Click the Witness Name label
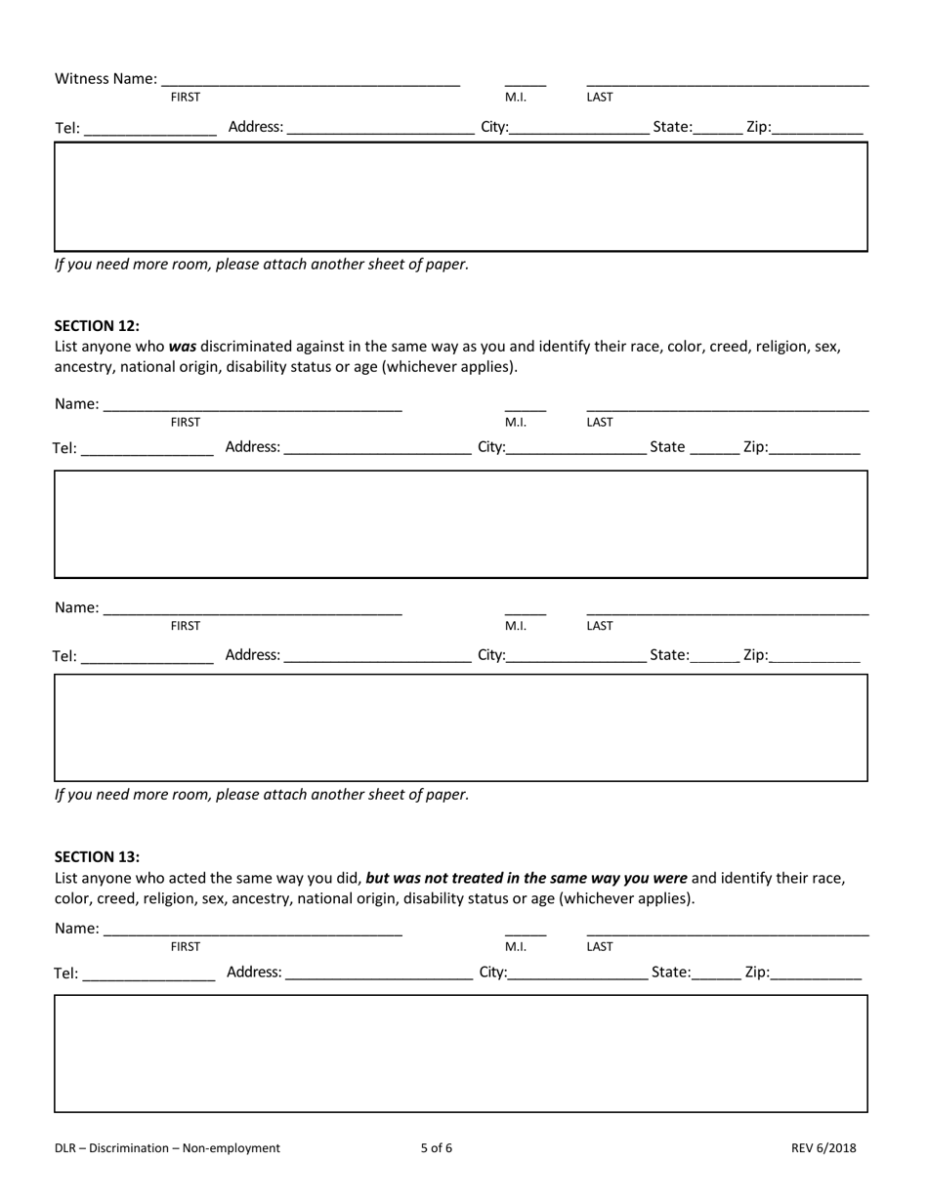coord(105,78)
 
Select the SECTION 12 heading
coord(97,326)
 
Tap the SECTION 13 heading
coord(97,856)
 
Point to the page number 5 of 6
coord(436,1148)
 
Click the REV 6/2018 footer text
coord(823,1148)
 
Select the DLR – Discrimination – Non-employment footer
coord(167,1148)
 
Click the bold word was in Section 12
coord(183,346)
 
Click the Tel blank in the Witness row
coord(150,129)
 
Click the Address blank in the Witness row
coord(380,128)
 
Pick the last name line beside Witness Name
coord(727,80)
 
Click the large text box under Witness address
coord(460,196)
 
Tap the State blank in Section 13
coord(717,973)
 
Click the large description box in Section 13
coord(460,1053)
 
